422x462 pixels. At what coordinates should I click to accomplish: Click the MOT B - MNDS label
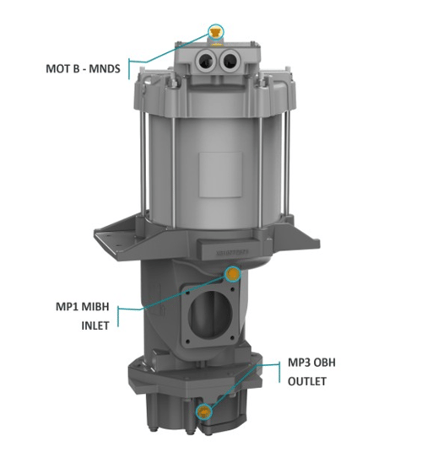[84, 68]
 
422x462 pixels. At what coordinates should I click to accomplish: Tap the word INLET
[95, 326]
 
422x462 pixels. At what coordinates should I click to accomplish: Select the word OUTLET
[307, 381]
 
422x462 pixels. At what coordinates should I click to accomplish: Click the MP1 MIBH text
[82, 307]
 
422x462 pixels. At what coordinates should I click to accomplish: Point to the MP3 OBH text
[311, 363]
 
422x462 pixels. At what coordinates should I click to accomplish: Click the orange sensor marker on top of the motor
[215, 32]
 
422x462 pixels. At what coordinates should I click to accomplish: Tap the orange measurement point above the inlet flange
[233, 274]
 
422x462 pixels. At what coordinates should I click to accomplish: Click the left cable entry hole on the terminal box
[205, 61]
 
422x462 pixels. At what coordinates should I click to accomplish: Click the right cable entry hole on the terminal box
[230, 60]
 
